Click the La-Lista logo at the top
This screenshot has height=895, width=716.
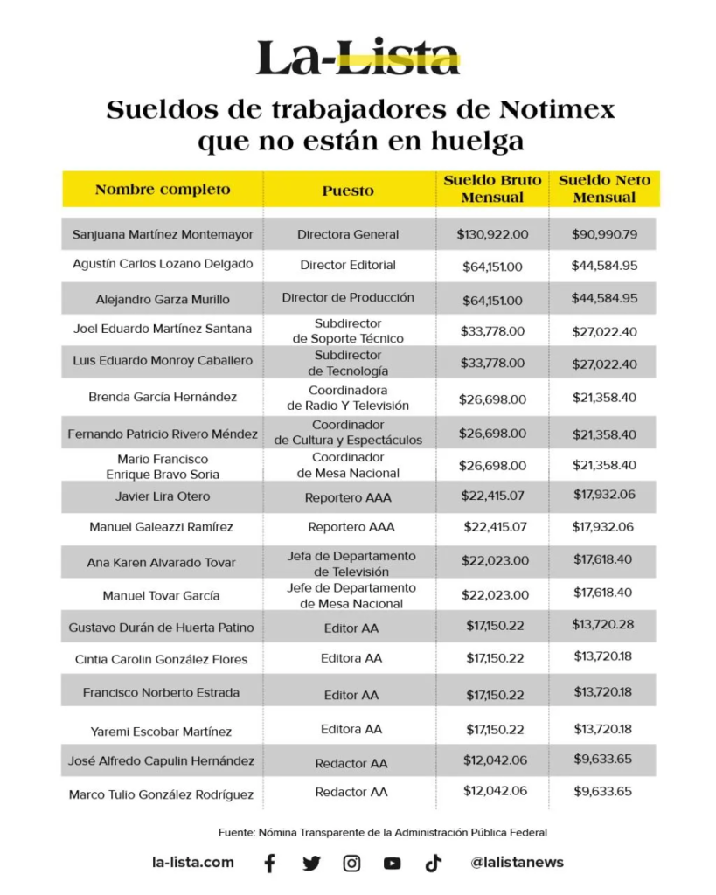[358, 57]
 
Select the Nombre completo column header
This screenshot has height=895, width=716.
[163, 189]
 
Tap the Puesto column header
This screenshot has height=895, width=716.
[347, 190]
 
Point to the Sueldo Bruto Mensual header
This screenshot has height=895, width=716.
[492, 189]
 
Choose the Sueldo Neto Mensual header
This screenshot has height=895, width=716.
[604, 189]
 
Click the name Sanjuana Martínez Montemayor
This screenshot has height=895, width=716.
[163, 234]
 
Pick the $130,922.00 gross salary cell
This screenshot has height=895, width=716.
[492, 234]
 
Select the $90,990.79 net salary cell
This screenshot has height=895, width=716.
[604, 234]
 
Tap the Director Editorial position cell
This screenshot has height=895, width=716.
[348, 265]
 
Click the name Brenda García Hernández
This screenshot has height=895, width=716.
[163, 397]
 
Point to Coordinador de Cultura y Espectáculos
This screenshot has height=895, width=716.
[348, 433]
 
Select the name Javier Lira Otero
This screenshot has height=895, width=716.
[163, 496]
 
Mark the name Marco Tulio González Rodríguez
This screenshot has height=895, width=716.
[161, 794]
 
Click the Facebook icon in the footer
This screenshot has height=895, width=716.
[269, 864]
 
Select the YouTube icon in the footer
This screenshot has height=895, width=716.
[392, 864]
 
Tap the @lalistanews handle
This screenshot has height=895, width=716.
[517, 863]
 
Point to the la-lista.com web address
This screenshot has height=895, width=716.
[193, 862]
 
